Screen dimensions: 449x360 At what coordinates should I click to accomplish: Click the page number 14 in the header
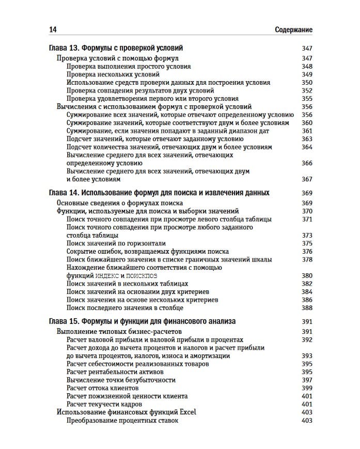(x=52, y=30)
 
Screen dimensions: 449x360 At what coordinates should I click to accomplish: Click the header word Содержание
(x=294, y=30)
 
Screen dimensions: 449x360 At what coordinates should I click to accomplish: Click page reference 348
(x=307, y=67)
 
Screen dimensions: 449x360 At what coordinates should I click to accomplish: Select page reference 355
(x=307, y=99)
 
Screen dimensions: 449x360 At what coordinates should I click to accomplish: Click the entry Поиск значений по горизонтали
(x=116, y=243)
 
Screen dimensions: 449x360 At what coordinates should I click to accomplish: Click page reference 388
(x=307, y=308)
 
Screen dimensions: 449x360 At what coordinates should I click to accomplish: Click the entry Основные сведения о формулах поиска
(x=119, y=203)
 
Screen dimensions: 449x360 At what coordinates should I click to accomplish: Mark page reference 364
(x=307, y=147)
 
